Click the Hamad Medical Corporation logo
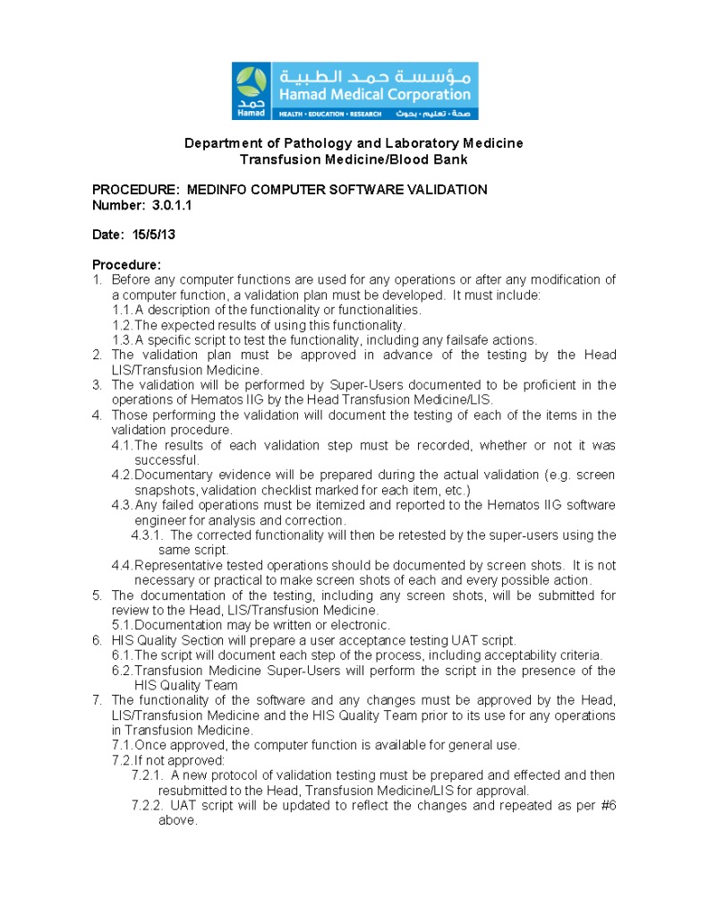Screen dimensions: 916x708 tap(354, 90)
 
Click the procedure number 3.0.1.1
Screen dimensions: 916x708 tap(172, 205)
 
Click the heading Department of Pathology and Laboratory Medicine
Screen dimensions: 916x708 tap(354, 143)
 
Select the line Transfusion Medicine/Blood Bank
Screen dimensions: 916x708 tap(354, 159)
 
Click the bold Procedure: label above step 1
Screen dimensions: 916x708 tap(127, 265)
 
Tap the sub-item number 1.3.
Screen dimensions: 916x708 tap(122, 340)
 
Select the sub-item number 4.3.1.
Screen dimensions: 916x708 tap(146, 535)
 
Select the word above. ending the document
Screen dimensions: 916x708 tap(177, 821)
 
